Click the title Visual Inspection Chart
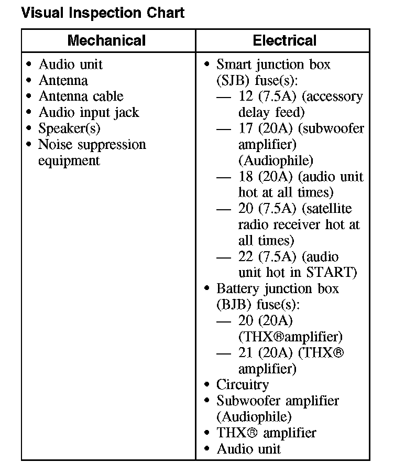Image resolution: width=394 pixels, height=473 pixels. pyautogui.click(x=103, y=13)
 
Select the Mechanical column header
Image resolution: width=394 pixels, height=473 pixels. pyautogui.click(x=106, y=40)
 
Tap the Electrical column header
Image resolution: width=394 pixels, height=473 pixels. pyautogui.click(x=284, y=40)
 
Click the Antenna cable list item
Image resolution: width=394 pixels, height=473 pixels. pyautogui.click(x=81, y=96)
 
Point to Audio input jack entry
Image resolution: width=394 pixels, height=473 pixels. pyautogui.click(x=89, y=112)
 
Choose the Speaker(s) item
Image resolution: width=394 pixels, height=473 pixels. pyautogui.click(x=69, y=128)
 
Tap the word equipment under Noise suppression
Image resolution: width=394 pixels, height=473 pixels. pyautogui.click(x=69, y=160)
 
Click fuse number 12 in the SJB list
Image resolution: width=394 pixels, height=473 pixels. pyautogui.click(x=245, y=96)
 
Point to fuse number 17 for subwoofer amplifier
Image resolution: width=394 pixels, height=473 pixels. pyautogui.click(x=245, y=128)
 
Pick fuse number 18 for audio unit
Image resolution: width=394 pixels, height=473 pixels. pyautogui.click(x=245, y=177)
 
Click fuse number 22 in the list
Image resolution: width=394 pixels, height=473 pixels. pyautogui.click(x=245, y=256)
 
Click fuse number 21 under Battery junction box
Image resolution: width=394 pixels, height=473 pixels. pyautogui.click(x=245, y=352)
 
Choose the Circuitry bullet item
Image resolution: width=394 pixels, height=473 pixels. pyautogui.click(x=243, y=384)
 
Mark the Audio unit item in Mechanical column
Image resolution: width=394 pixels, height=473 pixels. pyautogui.click(x=70, y=64)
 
